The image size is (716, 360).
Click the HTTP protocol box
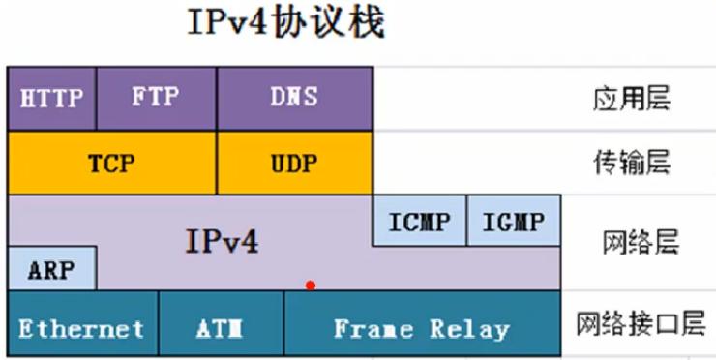point(51,98)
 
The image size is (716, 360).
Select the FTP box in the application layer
point(156,98)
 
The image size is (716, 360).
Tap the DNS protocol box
point(294,98)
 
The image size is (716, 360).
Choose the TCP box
point(111,163)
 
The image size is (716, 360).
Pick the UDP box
point(294,163)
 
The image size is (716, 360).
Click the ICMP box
point(419,221)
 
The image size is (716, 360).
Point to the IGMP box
point(513,221)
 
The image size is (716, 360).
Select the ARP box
point(51,269)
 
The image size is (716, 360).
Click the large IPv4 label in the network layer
point(222,240)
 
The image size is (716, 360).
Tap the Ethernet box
point(81,328)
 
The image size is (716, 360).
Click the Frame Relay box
point(421,328)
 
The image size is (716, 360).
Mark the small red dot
point(310,285)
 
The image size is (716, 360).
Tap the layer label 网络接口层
point(640,323)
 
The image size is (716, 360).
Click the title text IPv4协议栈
point(285,23)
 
